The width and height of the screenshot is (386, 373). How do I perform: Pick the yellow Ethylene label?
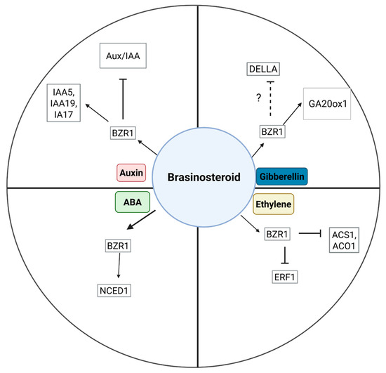pyautogui.click(x=273, y=204)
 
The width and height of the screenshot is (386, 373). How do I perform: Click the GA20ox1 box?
pyautogui.click(x=331, y=103)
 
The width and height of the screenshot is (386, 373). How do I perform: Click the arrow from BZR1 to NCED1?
pyautogui.click(x=119, y=269)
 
